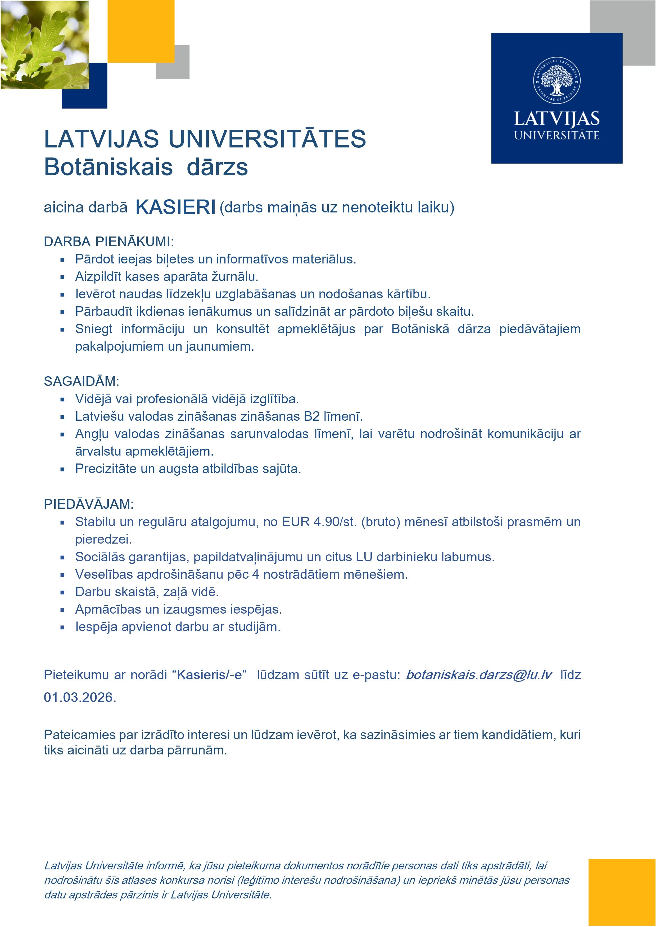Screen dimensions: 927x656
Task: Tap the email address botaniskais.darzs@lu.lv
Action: coord(478,675)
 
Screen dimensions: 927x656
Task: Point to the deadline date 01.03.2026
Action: coord(80,697)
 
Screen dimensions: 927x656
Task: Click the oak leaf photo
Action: coord(44,44)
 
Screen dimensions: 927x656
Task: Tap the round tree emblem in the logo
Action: coord(557,80)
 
